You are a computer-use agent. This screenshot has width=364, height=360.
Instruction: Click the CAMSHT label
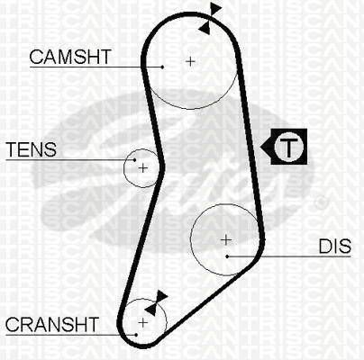pos(70,57)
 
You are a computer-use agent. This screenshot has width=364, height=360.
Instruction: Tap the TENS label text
pos(32,149)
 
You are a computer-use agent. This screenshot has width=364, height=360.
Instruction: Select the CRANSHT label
pos(52,324)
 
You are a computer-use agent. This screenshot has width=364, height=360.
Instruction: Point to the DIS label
pos(335,246)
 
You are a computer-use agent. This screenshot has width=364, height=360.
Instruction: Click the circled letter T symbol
pos(288,147)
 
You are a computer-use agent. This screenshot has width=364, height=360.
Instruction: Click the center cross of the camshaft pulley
pos(190,61)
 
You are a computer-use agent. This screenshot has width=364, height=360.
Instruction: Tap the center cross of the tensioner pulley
pos(143,168)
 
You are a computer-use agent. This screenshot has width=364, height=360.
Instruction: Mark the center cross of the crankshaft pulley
pos(143,322)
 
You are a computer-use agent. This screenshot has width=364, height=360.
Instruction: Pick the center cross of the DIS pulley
pos(226,240)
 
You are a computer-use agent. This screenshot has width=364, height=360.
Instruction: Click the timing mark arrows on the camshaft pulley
pos(211,18)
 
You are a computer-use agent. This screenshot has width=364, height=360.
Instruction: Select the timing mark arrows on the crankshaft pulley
pos(156,302)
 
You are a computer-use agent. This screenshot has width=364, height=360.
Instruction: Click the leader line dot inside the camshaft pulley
pos(162,67)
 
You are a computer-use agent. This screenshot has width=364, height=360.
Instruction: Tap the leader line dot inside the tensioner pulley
pos(135,160)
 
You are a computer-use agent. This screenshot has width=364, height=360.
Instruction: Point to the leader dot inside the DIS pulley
pos(227,256)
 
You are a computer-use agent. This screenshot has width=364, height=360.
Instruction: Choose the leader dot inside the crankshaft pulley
pos(136,335)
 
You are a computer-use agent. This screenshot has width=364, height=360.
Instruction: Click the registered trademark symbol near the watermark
pos(321,202)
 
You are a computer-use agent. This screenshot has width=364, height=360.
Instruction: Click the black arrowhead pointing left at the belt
pos(266,147)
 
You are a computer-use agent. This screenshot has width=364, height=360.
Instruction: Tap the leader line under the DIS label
pos(289,256)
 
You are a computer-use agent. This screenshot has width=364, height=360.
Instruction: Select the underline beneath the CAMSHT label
pos(96,67)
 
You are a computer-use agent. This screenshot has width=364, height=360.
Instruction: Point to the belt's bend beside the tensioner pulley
pos(161,166)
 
